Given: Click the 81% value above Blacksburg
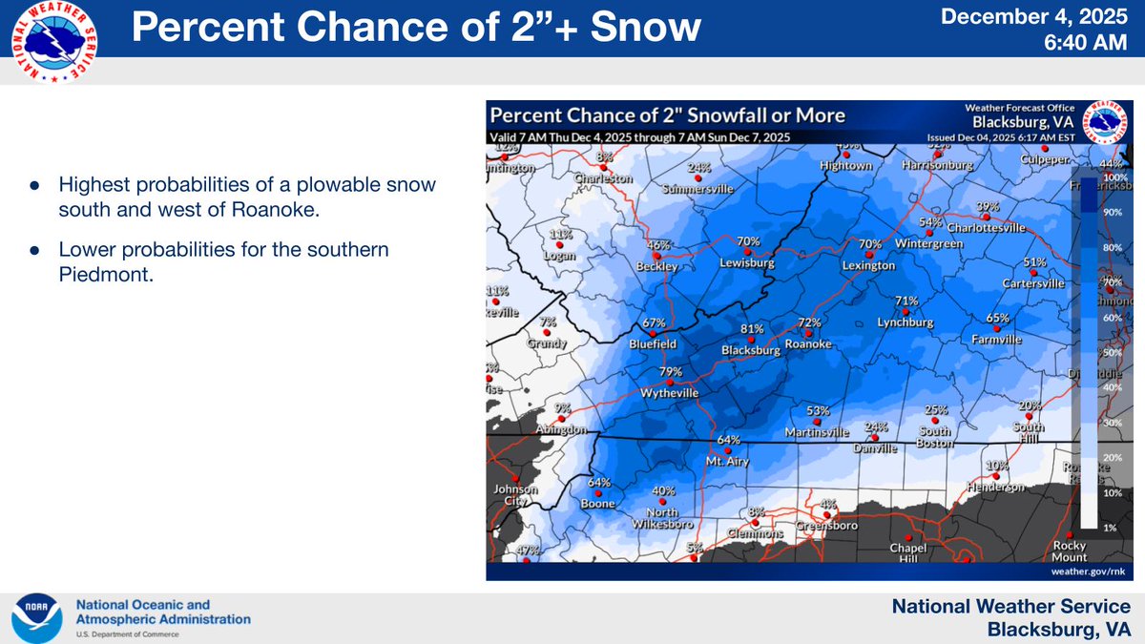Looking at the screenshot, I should point(752,329).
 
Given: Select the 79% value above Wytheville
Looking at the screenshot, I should point(670,372).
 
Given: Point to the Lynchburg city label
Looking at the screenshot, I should point(906,322).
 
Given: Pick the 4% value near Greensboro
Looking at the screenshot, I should point(827,503).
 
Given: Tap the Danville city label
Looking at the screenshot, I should point(876,447).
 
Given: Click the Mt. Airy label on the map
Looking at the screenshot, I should point(728,461).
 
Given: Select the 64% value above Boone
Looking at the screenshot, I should point(598,482).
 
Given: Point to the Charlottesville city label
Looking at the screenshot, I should point(987,228).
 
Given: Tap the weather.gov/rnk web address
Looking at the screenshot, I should point(1089,570).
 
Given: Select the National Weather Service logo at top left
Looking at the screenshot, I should point(55,42).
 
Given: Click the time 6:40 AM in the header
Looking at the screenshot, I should point(1088,44).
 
